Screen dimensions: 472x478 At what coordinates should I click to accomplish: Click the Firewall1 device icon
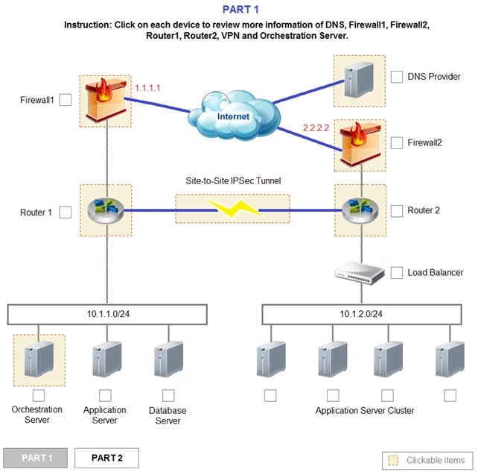pyautogui.click(x=107, y=101)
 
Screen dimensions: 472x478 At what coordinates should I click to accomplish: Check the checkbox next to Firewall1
pyautogui.click(x=66, y=100)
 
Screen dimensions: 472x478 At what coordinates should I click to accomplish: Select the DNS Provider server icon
pyautogui.click(x=359, y=80)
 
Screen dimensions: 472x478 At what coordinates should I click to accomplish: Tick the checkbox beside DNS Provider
pyautogui.click(x=397, y=77)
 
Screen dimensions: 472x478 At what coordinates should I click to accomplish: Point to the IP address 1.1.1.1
pyautogui.click(x=147, y=88)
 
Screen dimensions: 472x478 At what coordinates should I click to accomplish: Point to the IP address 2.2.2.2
pyautogui.click(x=316, y=128)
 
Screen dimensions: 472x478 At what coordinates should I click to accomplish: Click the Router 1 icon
pyautogui.click(x=105, y=210)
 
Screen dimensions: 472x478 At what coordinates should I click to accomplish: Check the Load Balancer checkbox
pyautogui.click(x=397, y=273)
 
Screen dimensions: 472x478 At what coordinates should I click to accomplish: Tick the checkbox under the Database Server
pyautogui.click(x=168, y=395)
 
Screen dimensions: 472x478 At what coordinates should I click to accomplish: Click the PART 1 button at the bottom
pyautogui.click(x=36, y=457)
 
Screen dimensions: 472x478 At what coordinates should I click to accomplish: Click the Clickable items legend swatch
pyautogui.click(x=392, y=460)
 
